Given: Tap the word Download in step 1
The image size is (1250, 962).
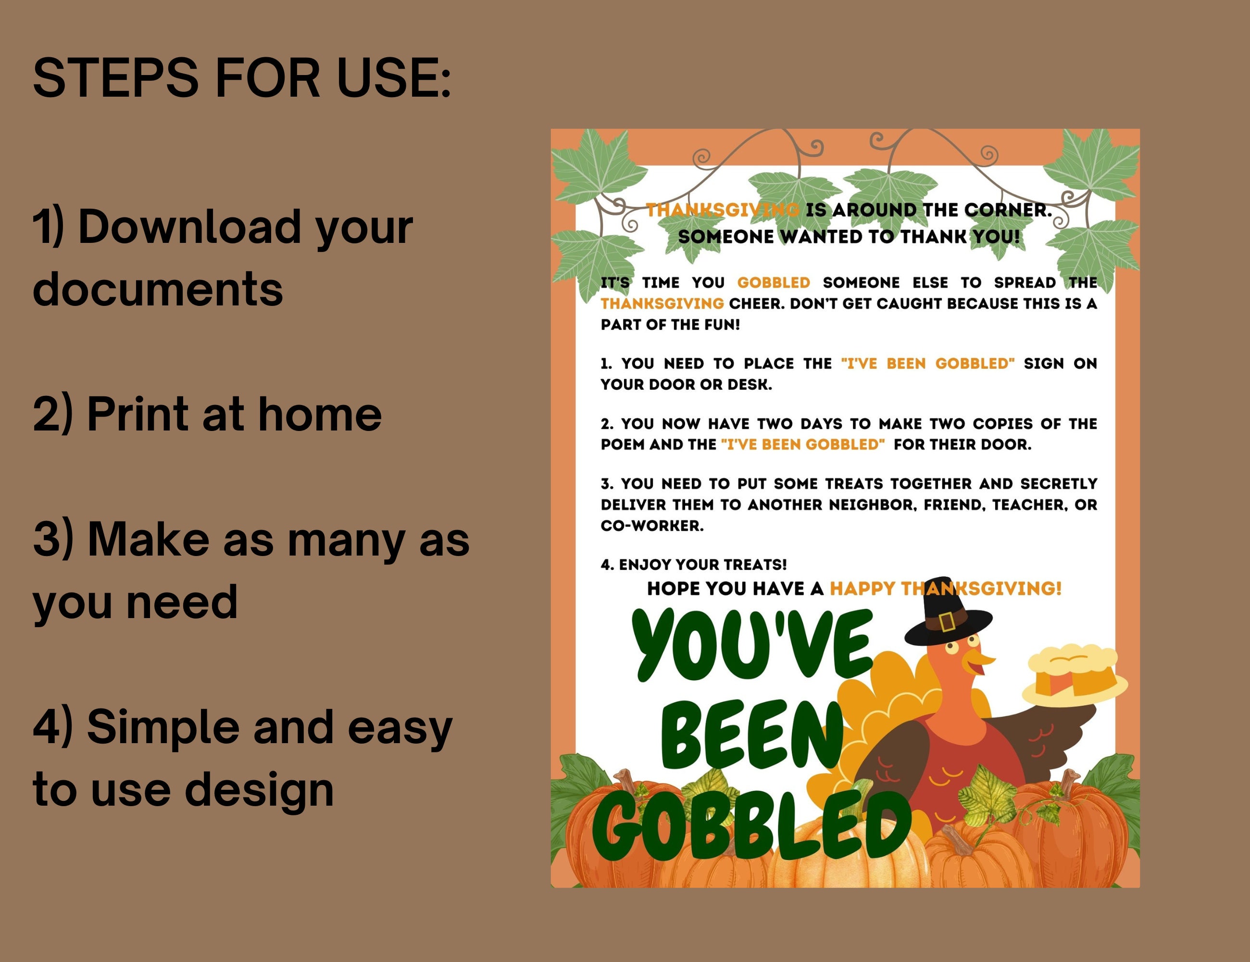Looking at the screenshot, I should (189, 228).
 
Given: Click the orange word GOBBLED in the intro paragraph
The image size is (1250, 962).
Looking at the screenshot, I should (773, 283).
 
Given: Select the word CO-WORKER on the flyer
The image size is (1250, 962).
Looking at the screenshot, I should (651, 526).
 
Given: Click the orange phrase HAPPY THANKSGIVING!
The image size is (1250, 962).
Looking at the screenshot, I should (946, 589).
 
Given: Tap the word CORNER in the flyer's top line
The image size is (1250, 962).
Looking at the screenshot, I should (1007, 210).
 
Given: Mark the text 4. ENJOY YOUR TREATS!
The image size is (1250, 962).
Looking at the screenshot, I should (694, 565).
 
